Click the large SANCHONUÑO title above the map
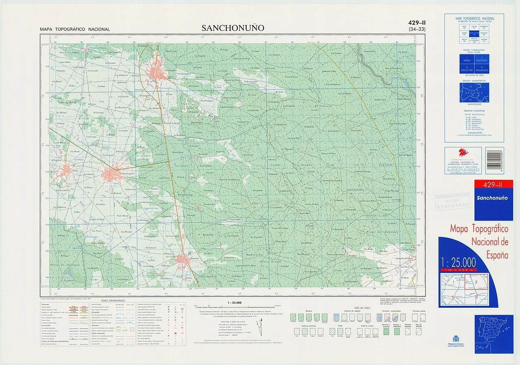(233, 28)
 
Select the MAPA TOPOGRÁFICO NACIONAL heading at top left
(75, 29)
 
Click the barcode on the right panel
(494, 156)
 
